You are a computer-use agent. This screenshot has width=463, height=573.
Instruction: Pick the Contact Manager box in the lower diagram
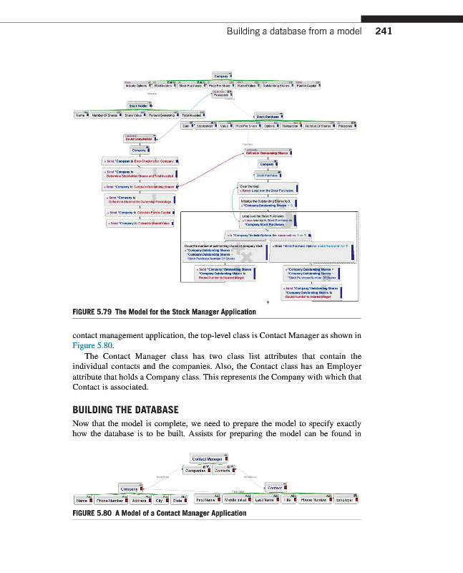207,458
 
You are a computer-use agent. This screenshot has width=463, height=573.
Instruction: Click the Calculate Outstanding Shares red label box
271,153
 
